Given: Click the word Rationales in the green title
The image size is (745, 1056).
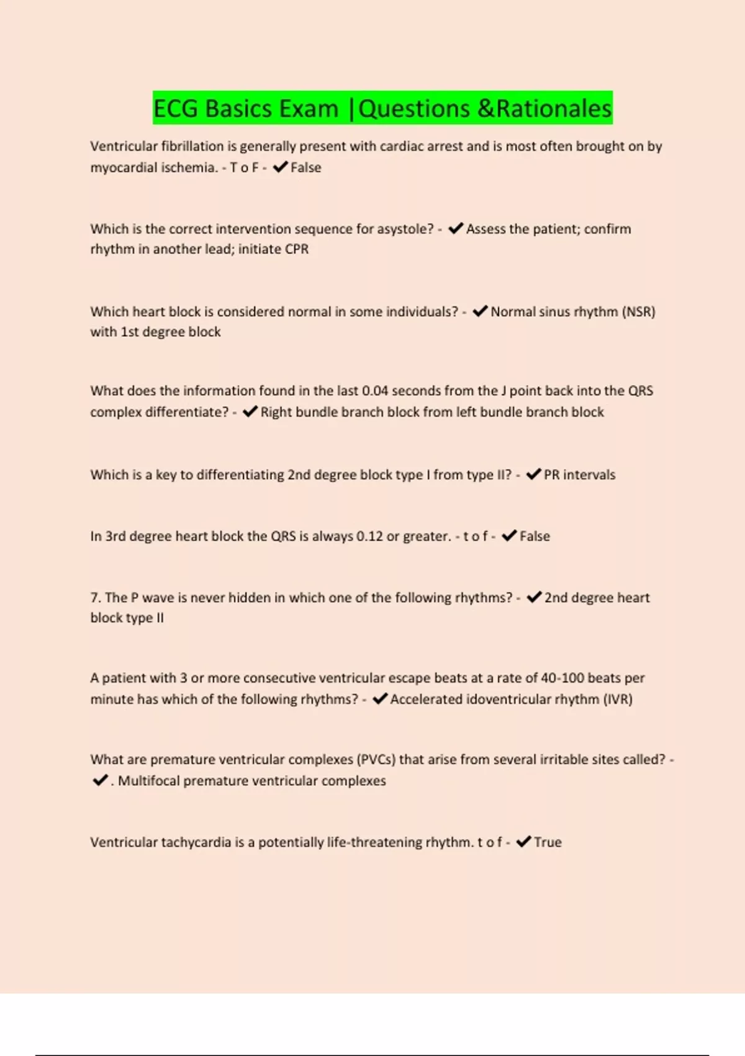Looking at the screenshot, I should point(554,109).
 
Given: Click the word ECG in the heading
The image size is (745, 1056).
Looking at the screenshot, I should point(176,109).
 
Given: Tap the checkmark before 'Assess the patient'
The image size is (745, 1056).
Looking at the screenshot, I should point(456,229).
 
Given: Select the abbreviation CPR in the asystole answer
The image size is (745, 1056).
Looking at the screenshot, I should point(296,249).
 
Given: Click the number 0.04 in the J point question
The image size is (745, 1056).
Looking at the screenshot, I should point(375,391).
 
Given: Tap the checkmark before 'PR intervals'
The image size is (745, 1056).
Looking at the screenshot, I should point(533,475).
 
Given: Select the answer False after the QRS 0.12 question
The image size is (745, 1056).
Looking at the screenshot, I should point(535,536).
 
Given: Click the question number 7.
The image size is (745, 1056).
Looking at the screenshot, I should point(96,598).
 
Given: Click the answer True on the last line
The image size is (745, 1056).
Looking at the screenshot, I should point(548,842).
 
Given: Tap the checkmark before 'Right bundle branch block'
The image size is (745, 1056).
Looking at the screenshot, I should point(250,412).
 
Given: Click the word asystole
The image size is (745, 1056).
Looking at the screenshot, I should point(405,229).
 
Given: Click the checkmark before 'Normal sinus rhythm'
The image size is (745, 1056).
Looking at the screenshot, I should point(480,311).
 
